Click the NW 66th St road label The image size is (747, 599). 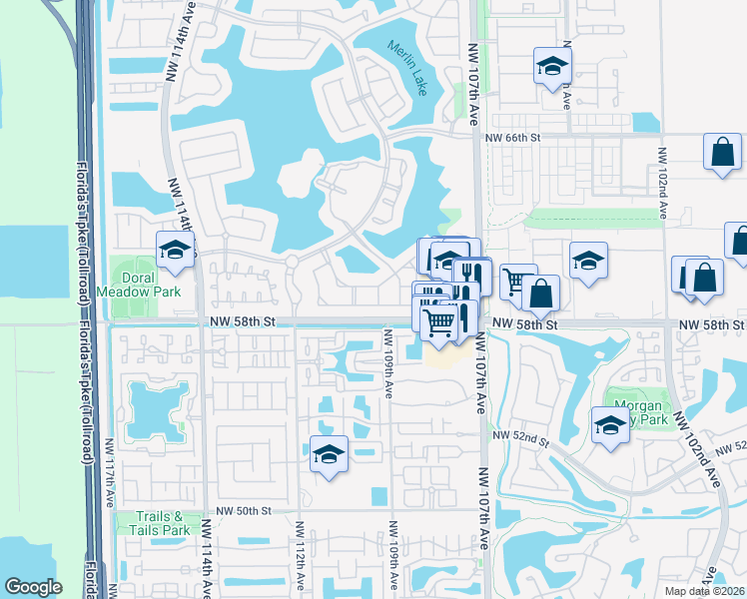(x=512, y=139)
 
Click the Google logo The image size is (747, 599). (x=33, y=587)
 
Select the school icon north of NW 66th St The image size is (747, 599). (x=549, y=66)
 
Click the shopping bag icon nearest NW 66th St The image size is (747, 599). (x=722, y=152)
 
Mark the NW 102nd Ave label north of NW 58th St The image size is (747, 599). (x=662, y=184)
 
